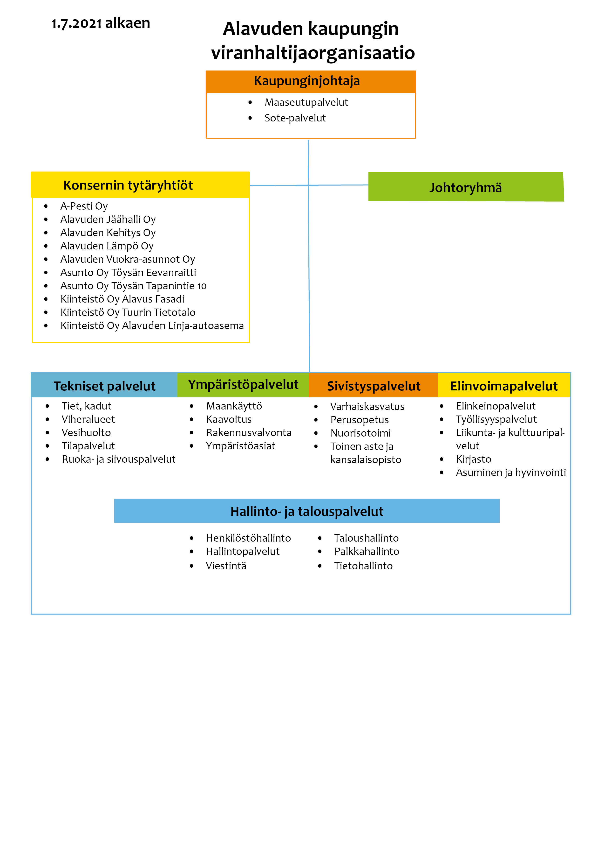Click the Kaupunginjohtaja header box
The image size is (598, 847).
pos(311,82)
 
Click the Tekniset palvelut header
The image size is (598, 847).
pos(105,386)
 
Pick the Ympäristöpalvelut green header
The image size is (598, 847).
pos(243,385)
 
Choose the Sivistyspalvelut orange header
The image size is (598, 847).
pos(373,386)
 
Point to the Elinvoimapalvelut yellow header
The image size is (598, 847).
pos(504,386)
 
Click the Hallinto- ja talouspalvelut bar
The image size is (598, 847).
pos(307,511)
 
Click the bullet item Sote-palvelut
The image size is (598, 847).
pos(295,118)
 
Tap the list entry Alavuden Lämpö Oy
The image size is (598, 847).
pos(107,246)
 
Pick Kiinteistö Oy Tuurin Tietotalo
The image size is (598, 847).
pos(128,312)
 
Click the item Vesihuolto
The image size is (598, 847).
pos(86,432)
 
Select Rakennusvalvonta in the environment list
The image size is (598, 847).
pos(249,432)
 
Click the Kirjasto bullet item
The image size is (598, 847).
pos(474,459)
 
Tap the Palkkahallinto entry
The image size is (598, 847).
pos(367,551)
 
